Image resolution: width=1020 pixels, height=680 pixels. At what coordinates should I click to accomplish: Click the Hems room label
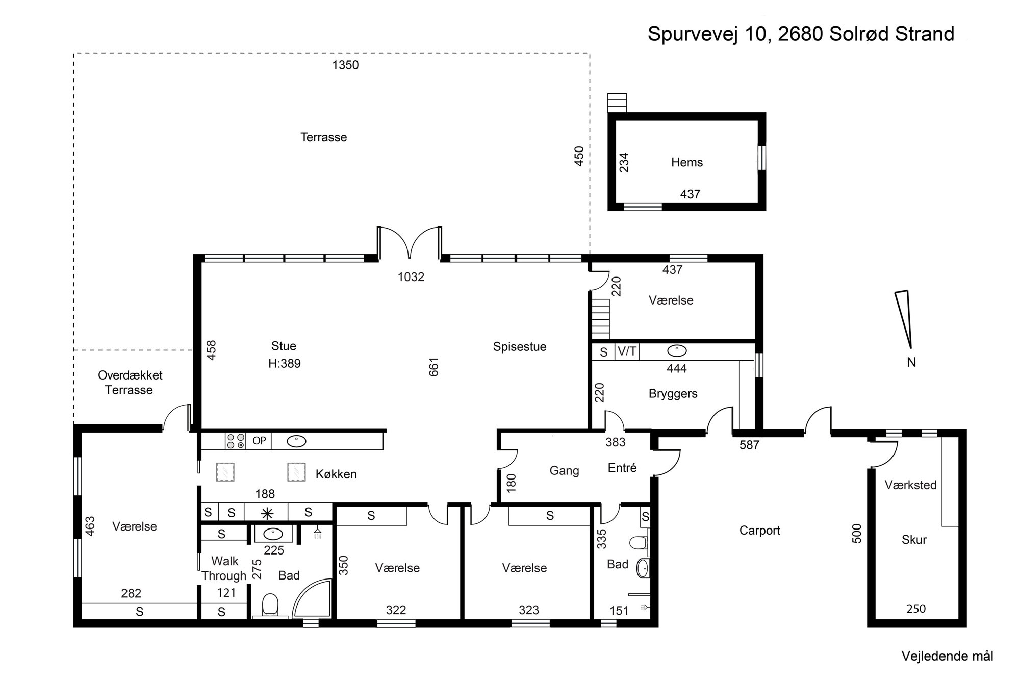click(x=687, y=162)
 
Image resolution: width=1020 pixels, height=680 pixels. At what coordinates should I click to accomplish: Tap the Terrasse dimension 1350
click(x=346, y=65)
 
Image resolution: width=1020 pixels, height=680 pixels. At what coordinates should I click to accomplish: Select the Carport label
click(x=760, y=531)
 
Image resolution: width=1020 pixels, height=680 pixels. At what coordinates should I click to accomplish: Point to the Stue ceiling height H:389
click(x=285, y=364)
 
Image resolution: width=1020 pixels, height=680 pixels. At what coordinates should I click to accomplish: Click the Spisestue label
click(x=520, y=347)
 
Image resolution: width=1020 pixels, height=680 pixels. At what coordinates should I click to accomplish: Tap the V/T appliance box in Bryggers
click(x=627, y=351)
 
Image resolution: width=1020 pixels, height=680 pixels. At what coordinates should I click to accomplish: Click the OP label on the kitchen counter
click(x=259, y=441)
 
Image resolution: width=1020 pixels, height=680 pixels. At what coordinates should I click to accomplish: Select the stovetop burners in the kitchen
click(x=236, y=441)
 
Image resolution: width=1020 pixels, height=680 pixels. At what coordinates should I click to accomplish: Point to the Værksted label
click(x=911, y=485)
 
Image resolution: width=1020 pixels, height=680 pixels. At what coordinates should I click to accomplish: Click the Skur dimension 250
click(x=916, y=609)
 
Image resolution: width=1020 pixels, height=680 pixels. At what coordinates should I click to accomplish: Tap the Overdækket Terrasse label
click(x=130, y=383)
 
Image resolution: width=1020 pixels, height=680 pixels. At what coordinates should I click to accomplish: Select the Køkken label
click(x=336, y=474)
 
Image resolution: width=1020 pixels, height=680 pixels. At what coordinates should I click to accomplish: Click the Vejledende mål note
click(x=947, y=656)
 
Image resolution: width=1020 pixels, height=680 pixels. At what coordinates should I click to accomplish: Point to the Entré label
click(x=622, y=468)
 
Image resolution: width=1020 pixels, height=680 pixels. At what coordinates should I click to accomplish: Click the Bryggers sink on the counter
click(x=677, y=351)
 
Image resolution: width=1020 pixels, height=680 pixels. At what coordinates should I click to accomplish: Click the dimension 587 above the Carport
click(x=749, y=445)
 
